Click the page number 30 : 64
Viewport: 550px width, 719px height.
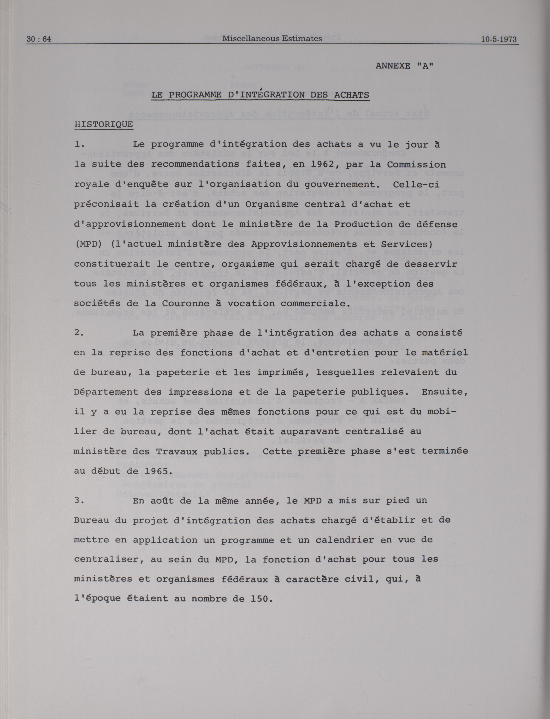click(39, 39)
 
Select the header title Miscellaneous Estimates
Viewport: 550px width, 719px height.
click(272, 38)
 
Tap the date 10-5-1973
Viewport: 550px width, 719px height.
click(499, 39)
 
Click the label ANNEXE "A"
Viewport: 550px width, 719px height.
click(404, 66)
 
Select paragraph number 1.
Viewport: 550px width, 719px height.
click(79, 144)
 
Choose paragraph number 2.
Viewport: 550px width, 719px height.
click(79, 333)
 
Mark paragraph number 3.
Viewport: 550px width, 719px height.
click(79, 501)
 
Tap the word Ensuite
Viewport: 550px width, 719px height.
click(445, 392)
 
